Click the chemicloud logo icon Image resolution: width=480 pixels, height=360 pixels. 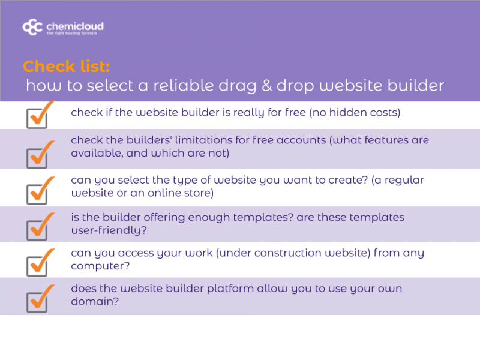tap(32, 27)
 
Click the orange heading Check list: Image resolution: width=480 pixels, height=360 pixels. tap(66, 66)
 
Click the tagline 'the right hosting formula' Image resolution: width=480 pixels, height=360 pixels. tap(70, 34)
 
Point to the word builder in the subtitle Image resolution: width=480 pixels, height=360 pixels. tap(414, 86)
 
